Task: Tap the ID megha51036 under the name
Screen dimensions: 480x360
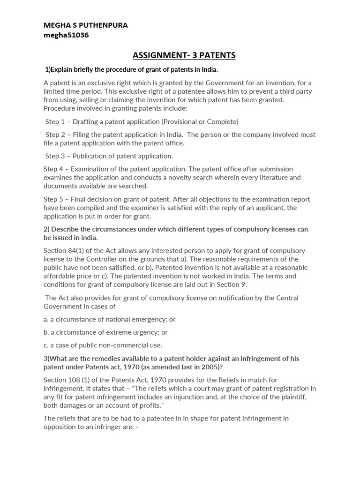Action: coord(66,35)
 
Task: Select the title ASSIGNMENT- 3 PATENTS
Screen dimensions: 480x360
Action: coord(184,56)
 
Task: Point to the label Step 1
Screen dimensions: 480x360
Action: coord(55,121)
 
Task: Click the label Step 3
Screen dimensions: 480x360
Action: coord(55,156)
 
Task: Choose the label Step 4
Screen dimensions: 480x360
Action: coord(53,169)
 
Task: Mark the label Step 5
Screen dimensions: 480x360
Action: coord(53,199)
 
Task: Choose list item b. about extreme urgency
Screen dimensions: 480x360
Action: coord(105,332)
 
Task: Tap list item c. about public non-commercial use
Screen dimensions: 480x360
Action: coord(103,345)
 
